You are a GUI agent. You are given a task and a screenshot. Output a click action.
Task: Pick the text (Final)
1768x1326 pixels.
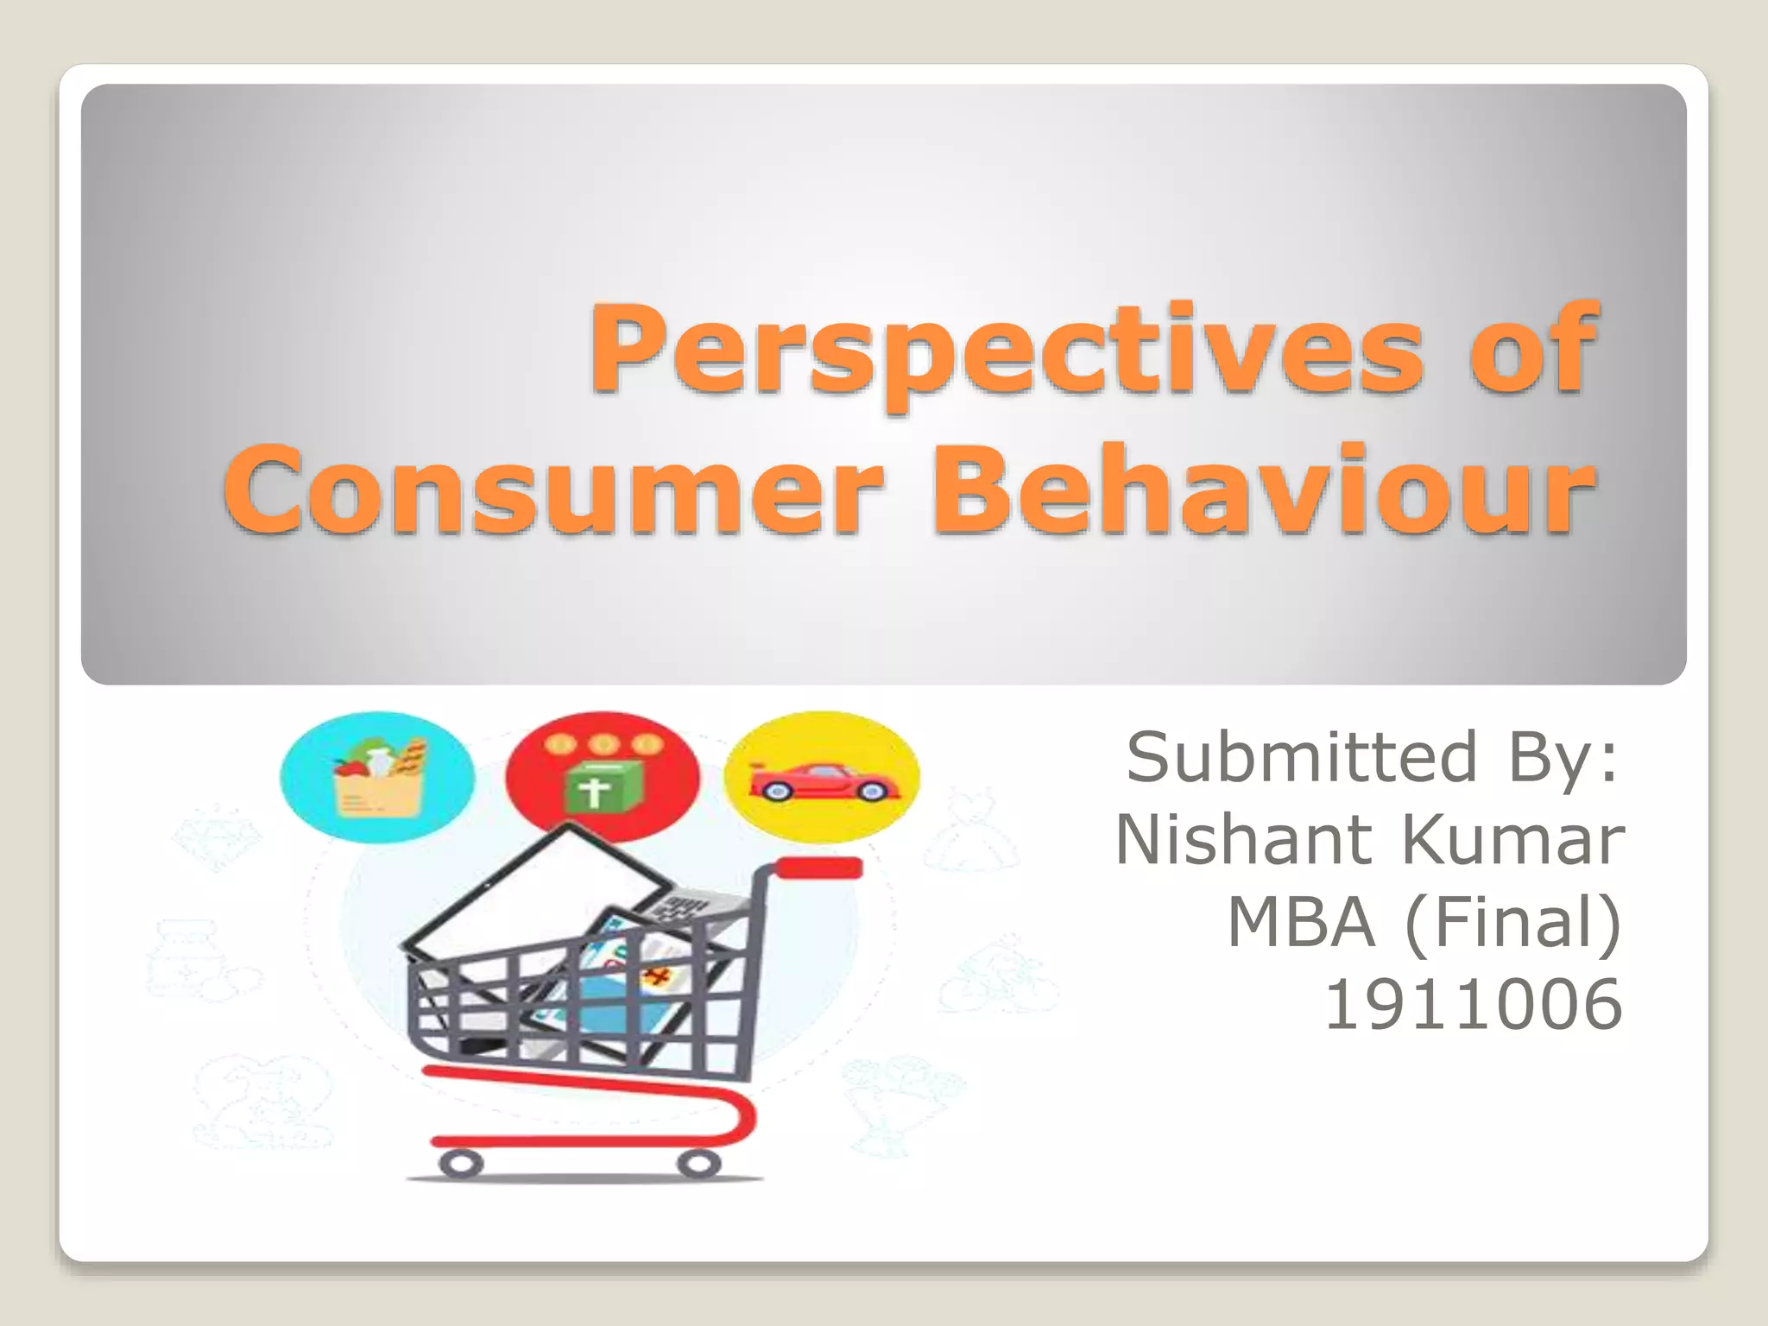(x=1514, y=922)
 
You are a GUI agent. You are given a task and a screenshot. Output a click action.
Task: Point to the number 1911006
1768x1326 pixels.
(x=1473, y=1005)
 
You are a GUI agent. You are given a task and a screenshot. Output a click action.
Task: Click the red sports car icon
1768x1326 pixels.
(x=824, y=781)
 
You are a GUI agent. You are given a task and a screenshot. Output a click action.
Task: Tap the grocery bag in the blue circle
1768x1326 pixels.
(x=377, y=777)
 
